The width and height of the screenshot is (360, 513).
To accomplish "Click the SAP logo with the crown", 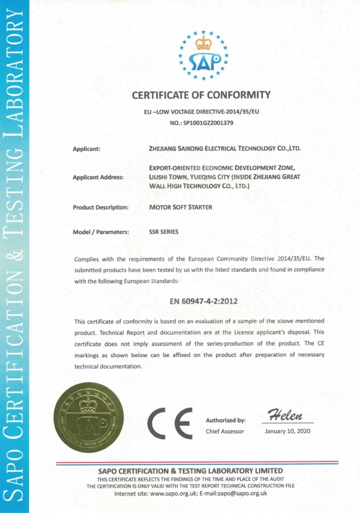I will point(203,55).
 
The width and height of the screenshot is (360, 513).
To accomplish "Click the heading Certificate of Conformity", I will point(201,95).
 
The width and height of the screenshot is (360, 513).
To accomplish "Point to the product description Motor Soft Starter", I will point(181,207).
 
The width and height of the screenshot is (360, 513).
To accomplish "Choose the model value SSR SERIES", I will point(163,232).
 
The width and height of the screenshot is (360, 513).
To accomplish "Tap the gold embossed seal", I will point(89,417).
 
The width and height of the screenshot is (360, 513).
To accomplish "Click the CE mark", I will point(170,423).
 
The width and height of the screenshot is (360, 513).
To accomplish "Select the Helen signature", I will point(286,415).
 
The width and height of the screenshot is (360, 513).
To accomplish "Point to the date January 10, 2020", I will point(288,431).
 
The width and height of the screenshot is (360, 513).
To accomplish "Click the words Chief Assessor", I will point(225,431).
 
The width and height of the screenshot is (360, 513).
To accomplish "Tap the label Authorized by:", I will point(226,420).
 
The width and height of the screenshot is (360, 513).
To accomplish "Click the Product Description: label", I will point(101,207).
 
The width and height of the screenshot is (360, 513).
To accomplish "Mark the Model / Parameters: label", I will point(101,232).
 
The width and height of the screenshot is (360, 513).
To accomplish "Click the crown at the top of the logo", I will point(203,43).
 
